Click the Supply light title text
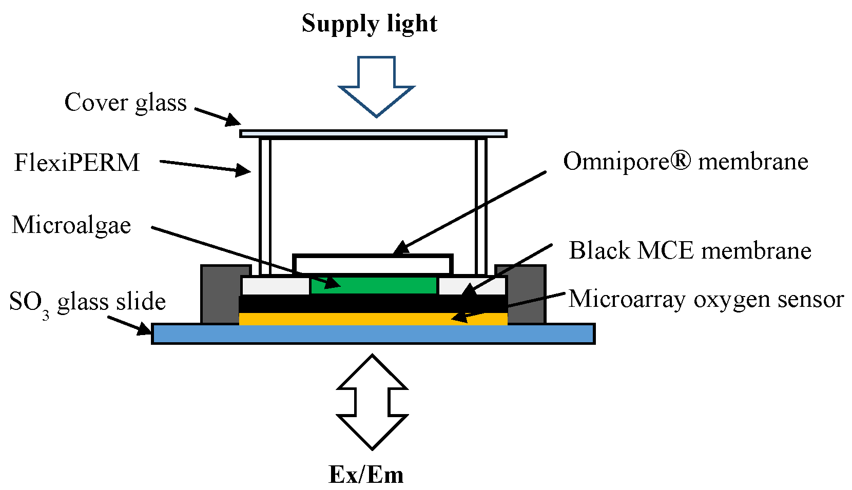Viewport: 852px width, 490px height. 369,24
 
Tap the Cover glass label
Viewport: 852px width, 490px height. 125,103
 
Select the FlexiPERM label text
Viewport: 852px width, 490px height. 77,163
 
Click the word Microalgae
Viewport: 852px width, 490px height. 71,225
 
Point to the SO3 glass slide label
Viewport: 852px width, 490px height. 87,302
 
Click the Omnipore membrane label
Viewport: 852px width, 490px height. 685,162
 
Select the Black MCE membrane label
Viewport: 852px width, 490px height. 690,251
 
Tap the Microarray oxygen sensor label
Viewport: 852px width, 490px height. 706,299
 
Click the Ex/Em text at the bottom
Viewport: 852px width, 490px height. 366,475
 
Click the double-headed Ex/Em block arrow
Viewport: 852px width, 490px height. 372,402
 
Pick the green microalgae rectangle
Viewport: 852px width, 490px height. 374,285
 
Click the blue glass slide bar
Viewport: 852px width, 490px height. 373,334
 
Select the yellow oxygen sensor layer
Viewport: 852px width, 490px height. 373,319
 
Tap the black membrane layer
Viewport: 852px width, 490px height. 373,303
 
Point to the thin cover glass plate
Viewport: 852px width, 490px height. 373,134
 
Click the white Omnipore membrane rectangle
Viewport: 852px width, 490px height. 373,264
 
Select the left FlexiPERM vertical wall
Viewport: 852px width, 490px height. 265,205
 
